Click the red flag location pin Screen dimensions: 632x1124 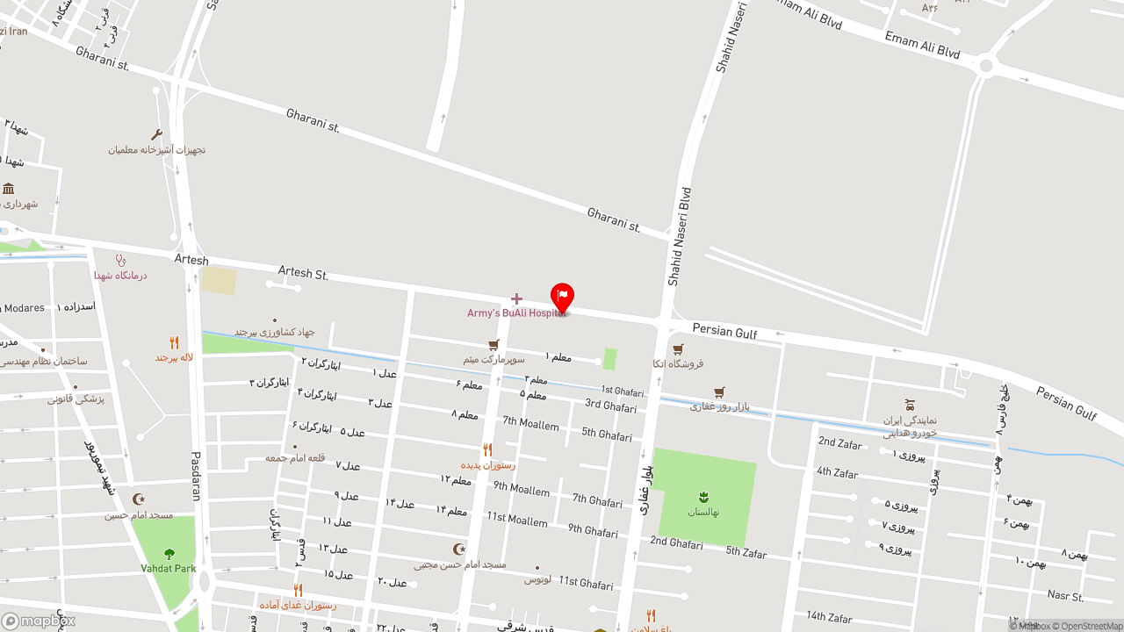pos(562,296)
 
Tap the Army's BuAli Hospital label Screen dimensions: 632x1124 pos(516,313)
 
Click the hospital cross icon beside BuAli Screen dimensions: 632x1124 pos(516,298)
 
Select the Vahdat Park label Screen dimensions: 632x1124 pos(169,568)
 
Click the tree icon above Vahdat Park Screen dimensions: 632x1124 pos(169,554)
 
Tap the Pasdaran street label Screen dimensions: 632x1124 pos(196,476)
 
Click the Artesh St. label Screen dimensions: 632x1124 pos(303,273)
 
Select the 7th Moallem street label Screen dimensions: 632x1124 pos(530,424)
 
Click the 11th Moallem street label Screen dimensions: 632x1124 pos(517,520)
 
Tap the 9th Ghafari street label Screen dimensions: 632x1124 pos(593,530)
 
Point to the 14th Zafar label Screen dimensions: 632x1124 pos(828,616)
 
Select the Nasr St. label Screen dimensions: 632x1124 pos(1065,596)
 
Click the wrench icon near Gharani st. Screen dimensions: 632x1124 pos(157,134)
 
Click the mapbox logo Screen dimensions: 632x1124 pos(38,621)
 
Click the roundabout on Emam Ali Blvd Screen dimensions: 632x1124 pos(986,65)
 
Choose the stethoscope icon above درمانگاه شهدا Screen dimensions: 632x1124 pos(121,260)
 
